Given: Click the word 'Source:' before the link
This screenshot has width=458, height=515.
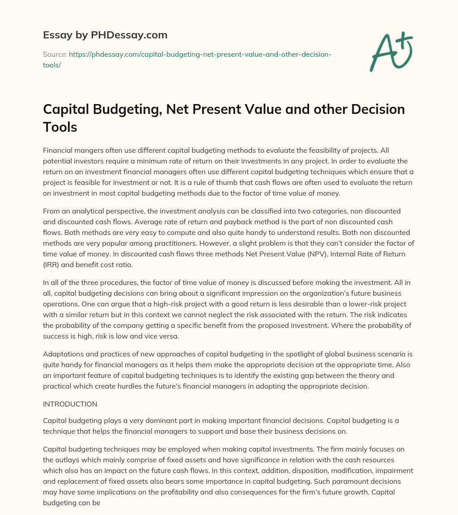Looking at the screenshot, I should (x=55, y=54).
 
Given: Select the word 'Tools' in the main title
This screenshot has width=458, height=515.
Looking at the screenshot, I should (x=60, y=127).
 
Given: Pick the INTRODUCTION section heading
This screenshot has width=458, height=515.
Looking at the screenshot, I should (x=70, y=404).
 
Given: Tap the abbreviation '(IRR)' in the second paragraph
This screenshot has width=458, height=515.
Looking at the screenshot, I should (x=52, y=264).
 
